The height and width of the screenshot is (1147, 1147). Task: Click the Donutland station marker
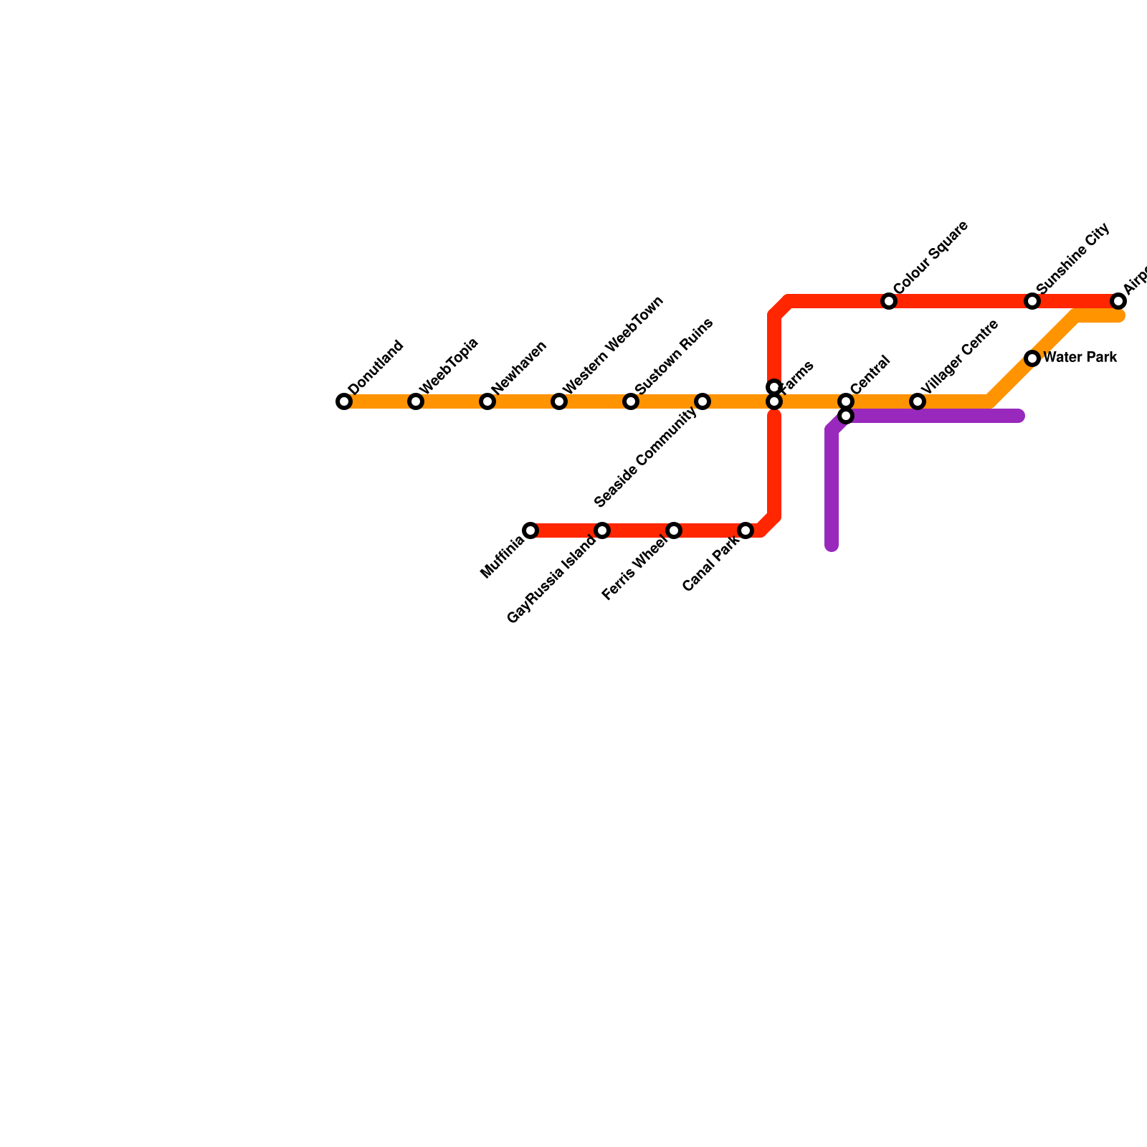pos(344,401)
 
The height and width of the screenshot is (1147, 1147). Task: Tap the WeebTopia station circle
pos(416,401)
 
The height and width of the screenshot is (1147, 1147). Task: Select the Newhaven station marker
pos(487,401)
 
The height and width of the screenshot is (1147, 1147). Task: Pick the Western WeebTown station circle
pos(559,401)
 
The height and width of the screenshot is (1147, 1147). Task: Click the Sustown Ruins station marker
pos(631,401)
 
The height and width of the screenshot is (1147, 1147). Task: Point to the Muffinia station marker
pos(530,530)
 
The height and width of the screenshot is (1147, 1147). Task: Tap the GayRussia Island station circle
pos(602,530)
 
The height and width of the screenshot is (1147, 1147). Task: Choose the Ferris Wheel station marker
pos(674,530)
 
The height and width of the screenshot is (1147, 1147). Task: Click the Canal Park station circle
pos(746,530)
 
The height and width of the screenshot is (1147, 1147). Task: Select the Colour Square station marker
pos(889,301)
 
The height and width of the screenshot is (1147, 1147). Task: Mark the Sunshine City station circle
pos(1032,301)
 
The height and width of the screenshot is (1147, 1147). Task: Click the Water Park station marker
pos(1032,358)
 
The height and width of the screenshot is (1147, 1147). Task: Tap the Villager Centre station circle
pos(918,401)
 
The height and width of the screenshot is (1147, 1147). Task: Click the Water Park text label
pos(1080,357)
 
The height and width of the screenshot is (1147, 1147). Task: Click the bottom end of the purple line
pos(832,546)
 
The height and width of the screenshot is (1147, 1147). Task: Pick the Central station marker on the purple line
pos(846,416)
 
